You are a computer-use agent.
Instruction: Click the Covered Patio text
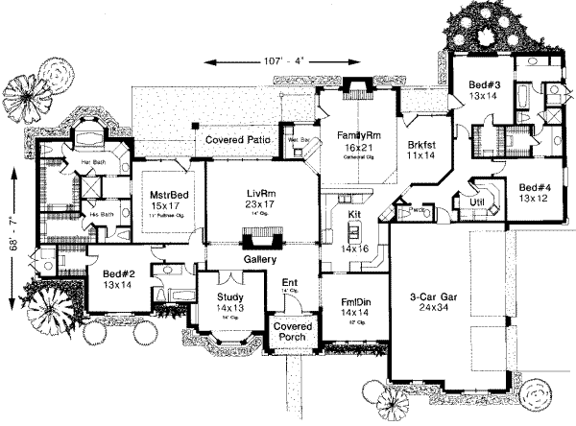tap(234, 139)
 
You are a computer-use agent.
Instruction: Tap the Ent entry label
tap(288, 282)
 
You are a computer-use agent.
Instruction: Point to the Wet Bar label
tap(289, 139)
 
